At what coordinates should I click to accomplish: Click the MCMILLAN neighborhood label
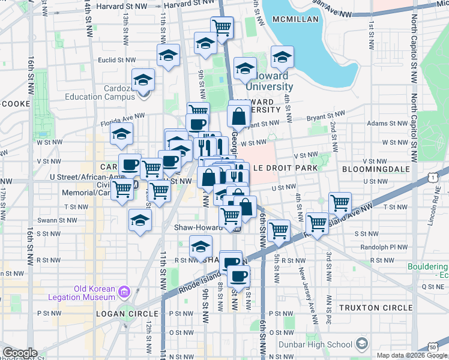295,20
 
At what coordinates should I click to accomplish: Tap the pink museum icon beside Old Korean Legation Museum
124,293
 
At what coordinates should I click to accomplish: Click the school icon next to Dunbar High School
361,344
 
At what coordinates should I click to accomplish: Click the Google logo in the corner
20,353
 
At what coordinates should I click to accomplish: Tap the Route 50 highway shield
433,347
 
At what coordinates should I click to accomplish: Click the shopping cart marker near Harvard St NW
222,27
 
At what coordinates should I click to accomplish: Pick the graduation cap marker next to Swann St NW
140,220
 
